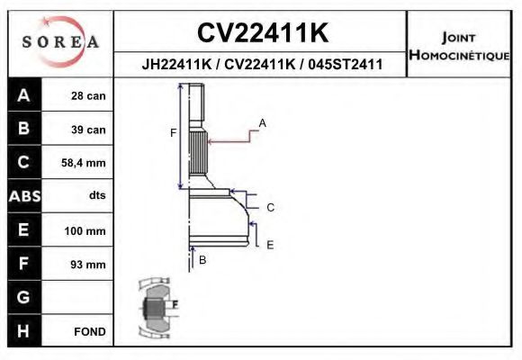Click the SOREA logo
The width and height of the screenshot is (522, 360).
pyautogui.click(x=59, y=41)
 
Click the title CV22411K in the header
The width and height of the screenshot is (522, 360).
pyautogui.click(x=262, y=33)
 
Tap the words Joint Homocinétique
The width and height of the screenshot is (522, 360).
pyautogui.click(x=459, y=45)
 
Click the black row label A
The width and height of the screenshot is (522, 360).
pyautogui.click(x=23, y=95)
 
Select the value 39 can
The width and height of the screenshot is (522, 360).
pyautogui.click(x=88, y=130)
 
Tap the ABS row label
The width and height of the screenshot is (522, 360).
pyautogui.click(x=23, y=196)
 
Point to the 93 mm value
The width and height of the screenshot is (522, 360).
pyautogui.click(x=88, y=265)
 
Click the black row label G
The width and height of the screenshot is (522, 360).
pyautogui.click(x=23, y=297)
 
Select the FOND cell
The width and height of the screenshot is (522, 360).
pyautogui.click(x=90, y=331)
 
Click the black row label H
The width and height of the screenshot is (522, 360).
pyautogui.click(x=23, y=330)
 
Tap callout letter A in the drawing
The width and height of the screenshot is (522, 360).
pyautogui.click(x=263, y=121)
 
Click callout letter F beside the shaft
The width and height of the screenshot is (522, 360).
pyautogui.click(x=174, y=133)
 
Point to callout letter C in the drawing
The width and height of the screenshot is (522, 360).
pyautogui.click(x=270, y=207)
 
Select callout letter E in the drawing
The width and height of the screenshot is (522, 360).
pyautogui.click(x=270, y=244)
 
